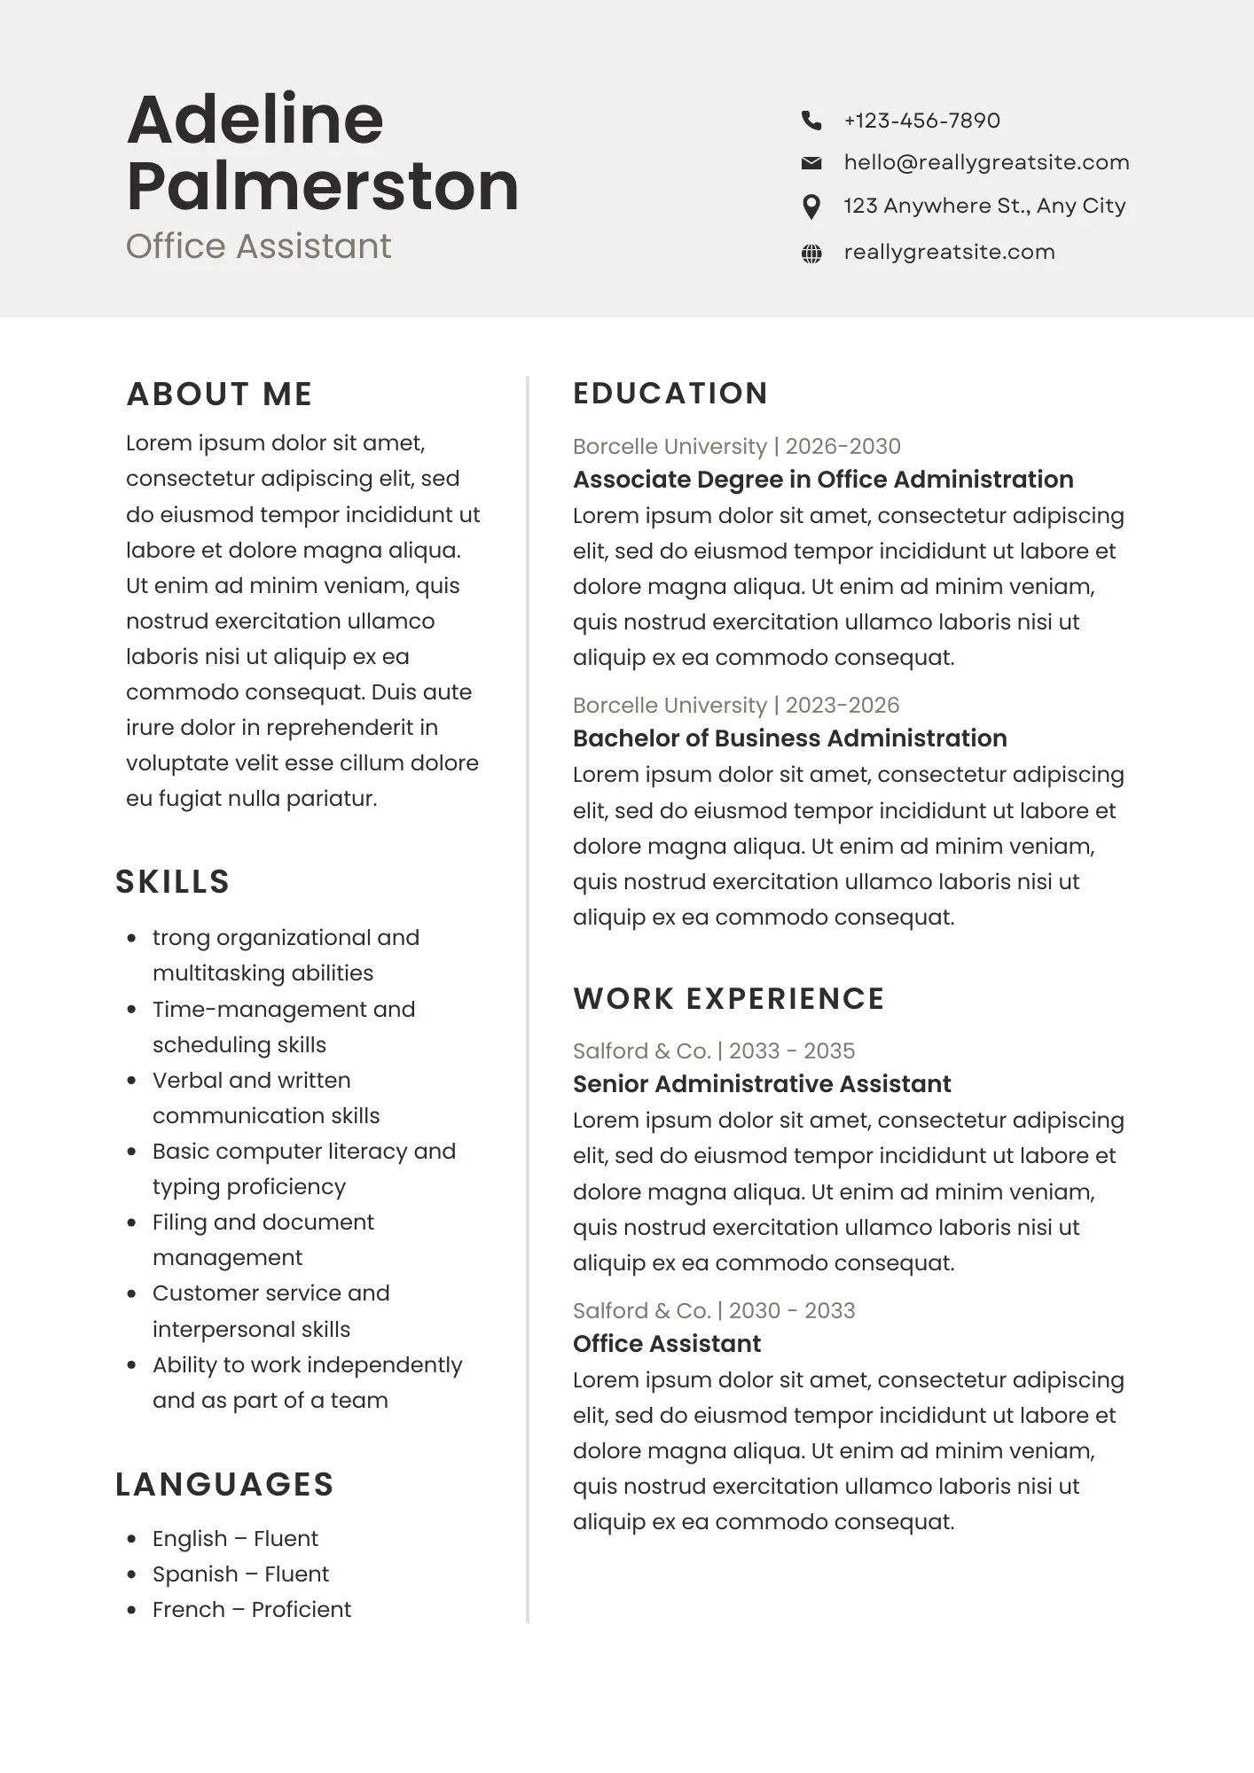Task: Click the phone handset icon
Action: pyautogui.click(x=811, y=120)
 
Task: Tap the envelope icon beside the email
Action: pyautogui.click(x=811, y=162)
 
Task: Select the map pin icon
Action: pyautogui.click(x=811, y=207)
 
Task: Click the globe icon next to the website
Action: pyautogui.click(x=811, y=254)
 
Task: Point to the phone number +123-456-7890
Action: pyautogui.click(x=921, y=120)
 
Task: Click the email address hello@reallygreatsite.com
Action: pyautogui.click(x=986, y=162)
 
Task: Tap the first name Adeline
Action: pyautogui.click(x=255, y=120)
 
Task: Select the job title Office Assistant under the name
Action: pyautogui.click(x=258, y=246)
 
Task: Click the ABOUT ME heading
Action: pyautogui.click(x=219, y=394)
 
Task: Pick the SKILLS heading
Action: pyautogui.click(x=172, y=882)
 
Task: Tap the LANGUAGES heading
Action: pyautogui.click(x=224, y=1485)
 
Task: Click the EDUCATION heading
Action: pyautogui.click(x=670, y=394)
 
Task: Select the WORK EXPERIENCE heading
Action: pyautogui.click(x=728, y=999)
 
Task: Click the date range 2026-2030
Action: pyautogui.click(x=843, y=446)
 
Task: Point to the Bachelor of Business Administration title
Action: pyautogui.click(x=789, y=738)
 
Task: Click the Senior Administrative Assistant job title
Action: pyautogui.click(x=761, y=1084)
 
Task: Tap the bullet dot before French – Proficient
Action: pyautogui.click(x=132, y=1610)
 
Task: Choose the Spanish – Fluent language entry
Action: pyautogui.click(x=240, y=1574)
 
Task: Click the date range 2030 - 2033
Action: pyautogui.click(x=792, y=1310)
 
